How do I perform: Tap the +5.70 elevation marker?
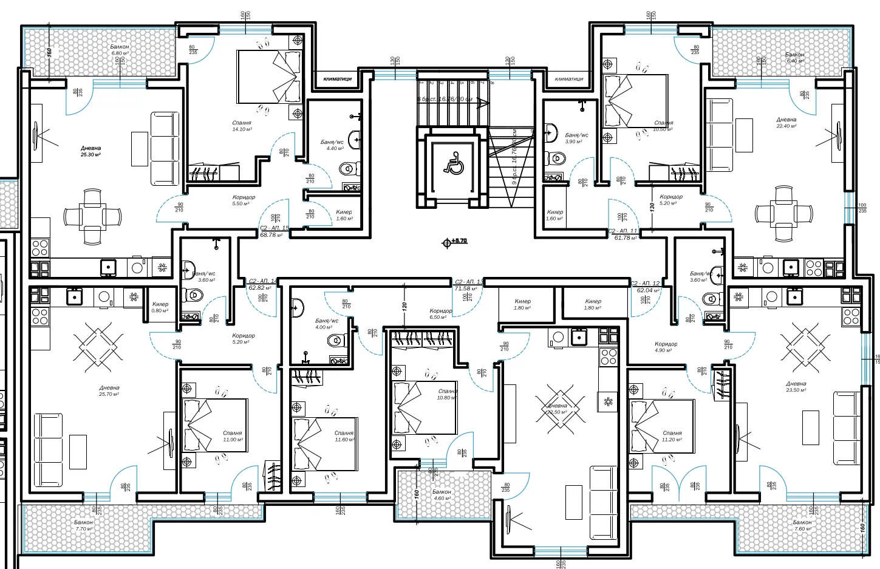(x=455, y=241)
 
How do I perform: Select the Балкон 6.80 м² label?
(x=119, y=50)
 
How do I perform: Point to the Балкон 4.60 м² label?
(x=442, y=495)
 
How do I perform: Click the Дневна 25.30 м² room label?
(x=90, y=151)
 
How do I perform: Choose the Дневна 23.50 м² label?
(x=796, y=387)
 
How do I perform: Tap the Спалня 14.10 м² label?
(x=242, y=126)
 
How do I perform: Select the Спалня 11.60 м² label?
(x=344, y=436)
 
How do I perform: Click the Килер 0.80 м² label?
(x=160, y=307)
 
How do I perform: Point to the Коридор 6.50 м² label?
(x=440, y=314)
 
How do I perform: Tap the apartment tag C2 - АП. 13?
(x=469, y=285)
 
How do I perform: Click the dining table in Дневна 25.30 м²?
(x=92, y=216)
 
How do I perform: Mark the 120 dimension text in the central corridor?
(x=404, y=307)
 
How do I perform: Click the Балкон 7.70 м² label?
(x=83, y=525)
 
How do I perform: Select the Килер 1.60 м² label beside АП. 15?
(x=344, y=215)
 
